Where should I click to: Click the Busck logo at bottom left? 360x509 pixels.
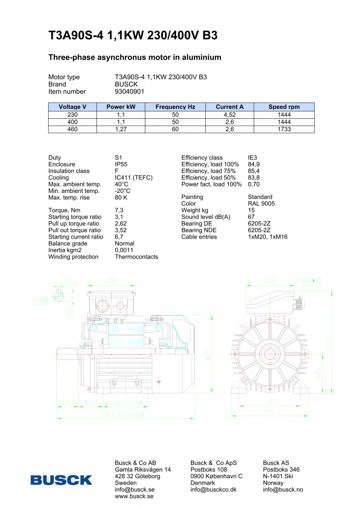coord(61,480)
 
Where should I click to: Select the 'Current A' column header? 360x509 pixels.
coord(230,107)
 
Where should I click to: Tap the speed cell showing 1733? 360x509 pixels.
coord(284,129)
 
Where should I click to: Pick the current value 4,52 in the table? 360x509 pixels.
coord(230,114)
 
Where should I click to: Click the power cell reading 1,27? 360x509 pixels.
coord(121,129)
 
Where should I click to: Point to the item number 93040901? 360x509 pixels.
coord(129,91)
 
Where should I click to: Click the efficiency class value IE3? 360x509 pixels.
coord(253,158)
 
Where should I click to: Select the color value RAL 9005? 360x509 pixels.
coord(261,204)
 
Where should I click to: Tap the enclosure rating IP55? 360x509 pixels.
coord(122,165)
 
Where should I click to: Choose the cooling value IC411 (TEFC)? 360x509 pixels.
coord(133,177)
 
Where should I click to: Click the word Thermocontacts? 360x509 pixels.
coord(136,257)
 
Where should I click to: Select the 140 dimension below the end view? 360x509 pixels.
coord(269,401)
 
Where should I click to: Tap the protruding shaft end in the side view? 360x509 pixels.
coord(65,354)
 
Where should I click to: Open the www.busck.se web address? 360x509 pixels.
coord(134,496)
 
